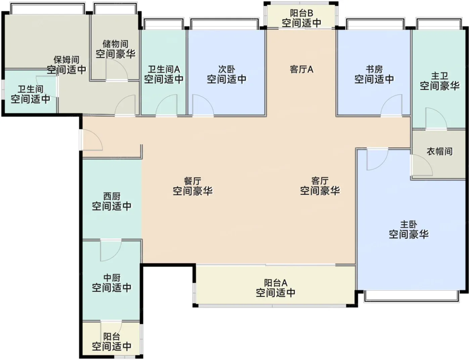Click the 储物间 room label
coord(115,44)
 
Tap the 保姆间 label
coord(66,60)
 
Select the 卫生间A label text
coord(164,69)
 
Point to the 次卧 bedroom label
coord(227,69)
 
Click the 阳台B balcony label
coord(301,13)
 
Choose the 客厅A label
coord(301,69)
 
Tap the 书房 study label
coord(374,69)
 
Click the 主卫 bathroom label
coord(439,76)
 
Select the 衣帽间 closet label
coord(439,151)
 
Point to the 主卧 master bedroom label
coord(409,224)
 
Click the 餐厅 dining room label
coord(192,181)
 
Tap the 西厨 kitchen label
coord(111,196)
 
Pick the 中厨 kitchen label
coord(111,278)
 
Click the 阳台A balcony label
coord(276,283)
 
